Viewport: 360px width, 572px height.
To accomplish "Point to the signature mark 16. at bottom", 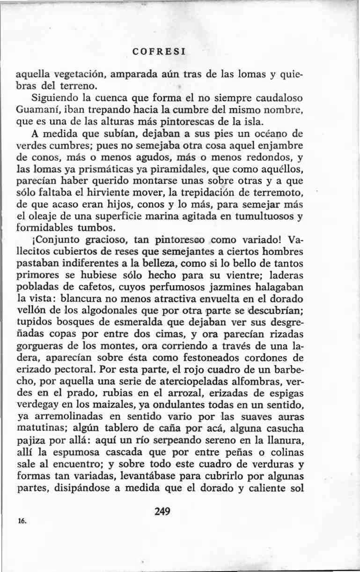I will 22,520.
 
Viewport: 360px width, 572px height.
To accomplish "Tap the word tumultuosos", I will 262,216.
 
